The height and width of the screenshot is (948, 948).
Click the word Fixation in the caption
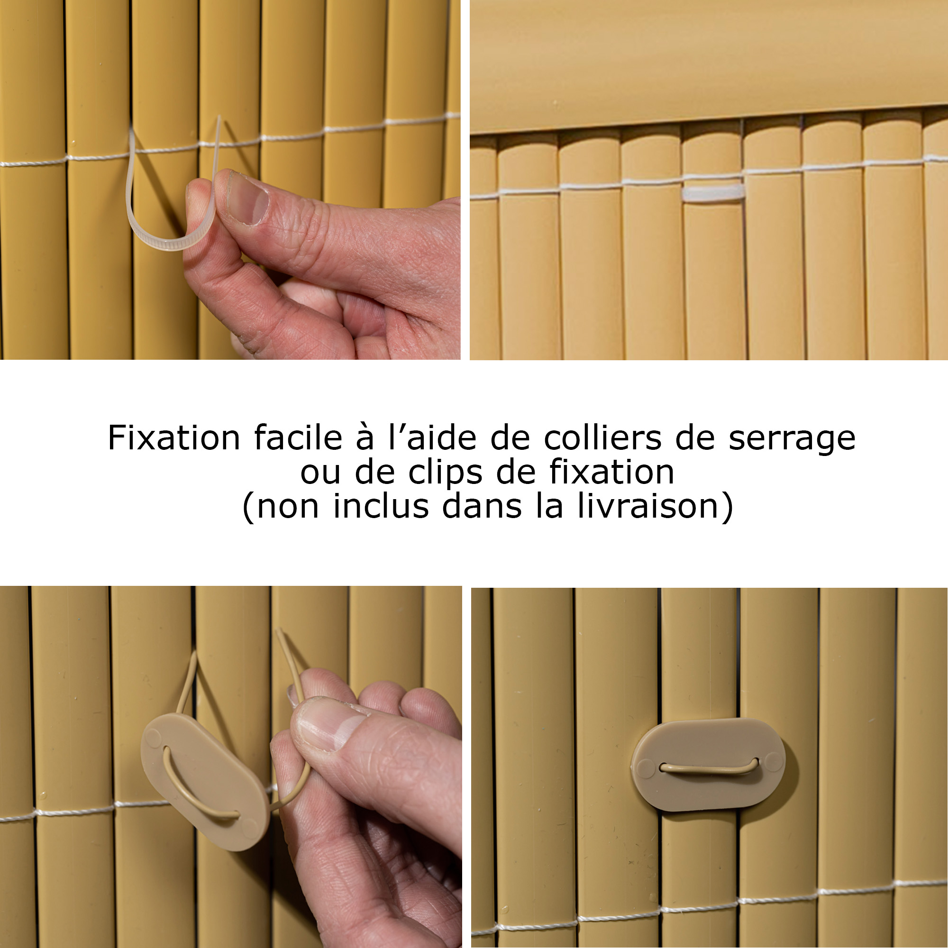click(173, 438)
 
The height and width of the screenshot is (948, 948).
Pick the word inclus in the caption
click(381, 506)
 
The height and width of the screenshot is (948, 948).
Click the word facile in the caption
click(298, 438)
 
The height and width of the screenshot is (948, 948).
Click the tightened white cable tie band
click(713, 192)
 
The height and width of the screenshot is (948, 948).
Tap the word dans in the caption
click(482, 506)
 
